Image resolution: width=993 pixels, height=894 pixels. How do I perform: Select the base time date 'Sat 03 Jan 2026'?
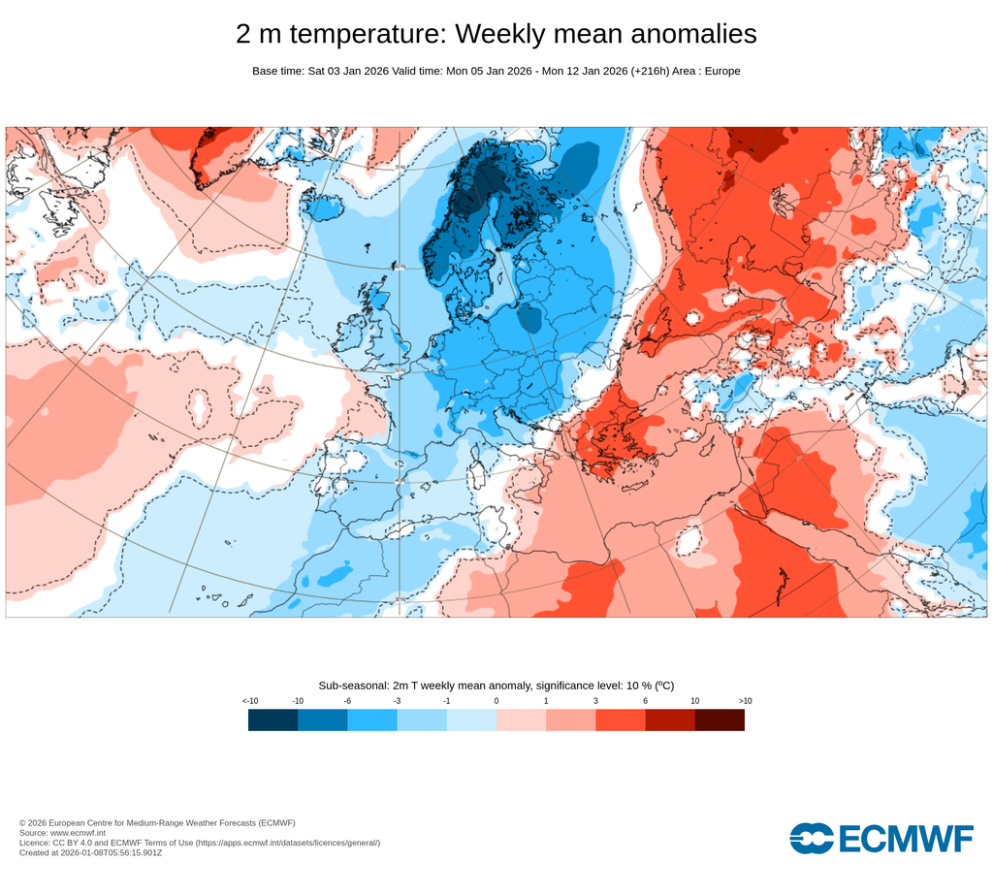tap(348, 71)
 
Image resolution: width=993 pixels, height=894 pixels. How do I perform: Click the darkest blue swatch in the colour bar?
tap(272, 719)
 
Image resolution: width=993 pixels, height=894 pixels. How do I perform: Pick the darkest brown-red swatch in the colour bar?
tap(720, 719)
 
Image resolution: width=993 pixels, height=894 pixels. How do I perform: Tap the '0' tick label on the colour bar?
tap(496, 700)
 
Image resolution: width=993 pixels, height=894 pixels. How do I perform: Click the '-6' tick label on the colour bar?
tap(347, 700)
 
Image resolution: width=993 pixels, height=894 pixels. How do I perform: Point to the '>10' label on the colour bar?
tap(745, 700)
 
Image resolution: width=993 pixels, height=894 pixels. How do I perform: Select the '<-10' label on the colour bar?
tap(249, 700)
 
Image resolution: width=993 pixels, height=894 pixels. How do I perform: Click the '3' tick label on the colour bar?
tap(595, 700)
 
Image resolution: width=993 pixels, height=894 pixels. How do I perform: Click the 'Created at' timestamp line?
tap(90, 852)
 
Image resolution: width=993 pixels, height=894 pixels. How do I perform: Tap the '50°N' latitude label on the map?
tap(399, 369)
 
